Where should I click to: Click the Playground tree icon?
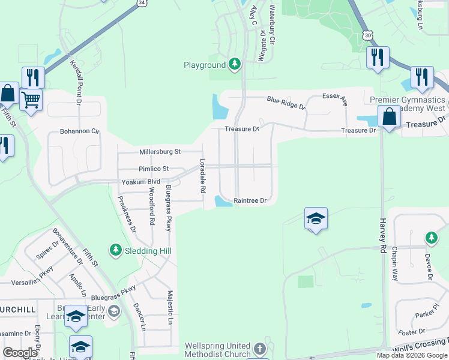coord(235,65)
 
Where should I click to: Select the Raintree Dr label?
coord(250,201)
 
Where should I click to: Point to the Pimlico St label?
coord(154,169)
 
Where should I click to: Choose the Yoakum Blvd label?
coord(141,182)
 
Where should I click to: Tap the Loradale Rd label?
coord(203,176)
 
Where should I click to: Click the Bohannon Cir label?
coord(79,131)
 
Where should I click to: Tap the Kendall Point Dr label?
coord(76,83)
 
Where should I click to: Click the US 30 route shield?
coord(367,36)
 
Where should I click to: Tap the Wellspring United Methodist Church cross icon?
coord(259,349)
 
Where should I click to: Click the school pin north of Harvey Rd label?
coord(316,218)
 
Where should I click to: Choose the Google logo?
coord(20,353)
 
